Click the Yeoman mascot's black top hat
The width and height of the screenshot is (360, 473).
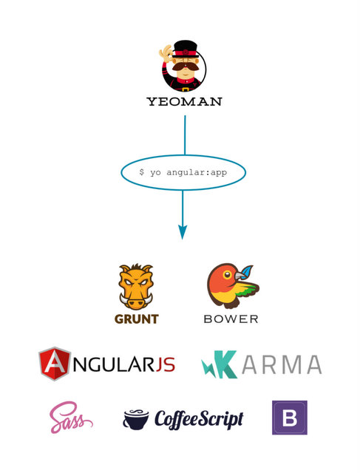185,49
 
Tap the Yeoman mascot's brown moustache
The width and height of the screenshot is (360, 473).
185,66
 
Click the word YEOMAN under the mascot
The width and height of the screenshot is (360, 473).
185,101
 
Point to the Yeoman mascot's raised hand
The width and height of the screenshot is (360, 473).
166,53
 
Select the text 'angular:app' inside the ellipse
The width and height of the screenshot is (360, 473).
197,172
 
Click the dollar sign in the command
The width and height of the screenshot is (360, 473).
141,172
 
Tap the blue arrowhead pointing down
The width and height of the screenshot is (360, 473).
183,232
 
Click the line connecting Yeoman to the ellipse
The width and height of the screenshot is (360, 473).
185,135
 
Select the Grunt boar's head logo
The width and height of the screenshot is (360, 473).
136,286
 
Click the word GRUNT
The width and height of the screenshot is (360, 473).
137,319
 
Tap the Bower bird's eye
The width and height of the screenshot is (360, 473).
227,274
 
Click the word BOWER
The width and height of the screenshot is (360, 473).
231,319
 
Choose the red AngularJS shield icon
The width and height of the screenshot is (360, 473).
54,364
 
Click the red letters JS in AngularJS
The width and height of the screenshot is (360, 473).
166,364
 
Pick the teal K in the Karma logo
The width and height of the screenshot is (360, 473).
224,364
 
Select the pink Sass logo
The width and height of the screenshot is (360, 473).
71,417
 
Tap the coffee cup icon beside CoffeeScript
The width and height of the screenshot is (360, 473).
136,419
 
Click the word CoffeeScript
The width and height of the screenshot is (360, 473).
199,419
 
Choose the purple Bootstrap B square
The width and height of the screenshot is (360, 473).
290,418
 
